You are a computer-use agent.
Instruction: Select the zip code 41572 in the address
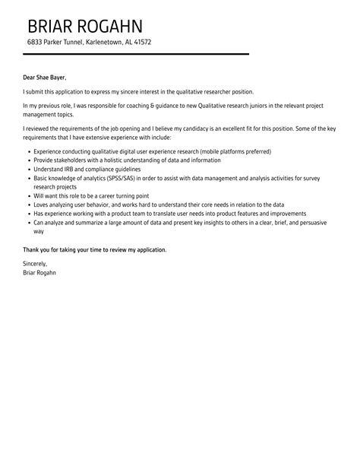[142, 42]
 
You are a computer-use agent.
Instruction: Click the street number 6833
[35, 42]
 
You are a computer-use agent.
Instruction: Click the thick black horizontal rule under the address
[137, 54]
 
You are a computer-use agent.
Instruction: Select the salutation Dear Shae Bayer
[45, 77]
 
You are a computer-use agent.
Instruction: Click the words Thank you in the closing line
[37, 249]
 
